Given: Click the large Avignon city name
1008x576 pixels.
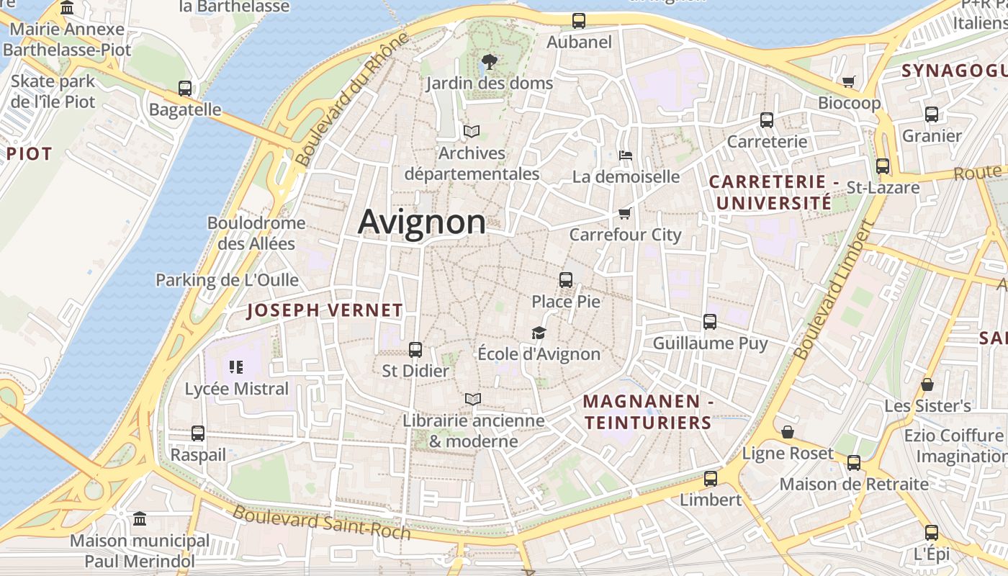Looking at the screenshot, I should (x=422, y=221).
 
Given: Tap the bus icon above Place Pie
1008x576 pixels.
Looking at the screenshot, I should (x=566, y=279).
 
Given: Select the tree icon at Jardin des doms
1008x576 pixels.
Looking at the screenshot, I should (x=490, y=61).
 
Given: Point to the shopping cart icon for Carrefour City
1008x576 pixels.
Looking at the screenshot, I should (x=625, y=213).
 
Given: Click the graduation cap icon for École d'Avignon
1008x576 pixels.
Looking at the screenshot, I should (x=539, y=333).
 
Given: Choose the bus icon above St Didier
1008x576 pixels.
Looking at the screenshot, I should (x=415, y=350).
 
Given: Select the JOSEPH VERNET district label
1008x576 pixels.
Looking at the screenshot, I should (x=325, y=310).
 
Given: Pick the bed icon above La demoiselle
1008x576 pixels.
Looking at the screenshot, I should (x=626, y=155).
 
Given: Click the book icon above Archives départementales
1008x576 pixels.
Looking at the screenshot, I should (x=472, y=132).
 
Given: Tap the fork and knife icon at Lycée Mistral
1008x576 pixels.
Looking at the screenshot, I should (x=236, y=367).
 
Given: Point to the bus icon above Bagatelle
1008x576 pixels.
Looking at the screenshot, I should (x=185, y=89).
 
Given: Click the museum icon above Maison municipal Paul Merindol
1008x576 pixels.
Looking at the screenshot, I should (x=140, y=518).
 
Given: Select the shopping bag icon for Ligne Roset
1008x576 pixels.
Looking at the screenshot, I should (x=788, y=432).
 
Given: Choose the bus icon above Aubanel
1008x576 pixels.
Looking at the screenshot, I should (x=579, y=21).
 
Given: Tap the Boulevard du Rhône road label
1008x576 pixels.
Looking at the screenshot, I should (x=351, y=101).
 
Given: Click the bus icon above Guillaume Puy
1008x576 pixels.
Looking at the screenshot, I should (x=710, y=322).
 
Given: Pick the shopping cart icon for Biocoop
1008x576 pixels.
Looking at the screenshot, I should (x=849, y=81).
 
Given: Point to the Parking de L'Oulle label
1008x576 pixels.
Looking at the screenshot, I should (x=227, y=280).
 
